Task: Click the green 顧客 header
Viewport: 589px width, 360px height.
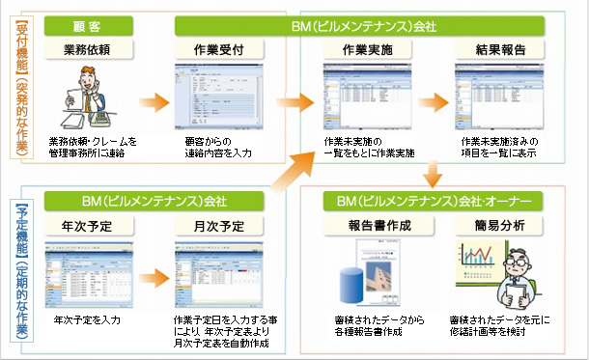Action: click(92, 23)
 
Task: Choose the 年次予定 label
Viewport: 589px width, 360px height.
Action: click(92, 227)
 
